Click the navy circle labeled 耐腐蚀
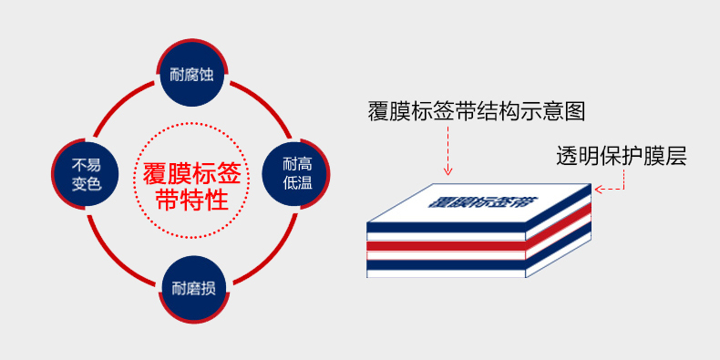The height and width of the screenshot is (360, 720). coord(191,74)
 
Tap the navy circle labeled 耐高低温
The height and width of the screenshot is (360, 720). coord(295,172)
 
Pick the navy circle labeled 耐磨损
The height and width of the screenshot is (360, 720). coord(193,290)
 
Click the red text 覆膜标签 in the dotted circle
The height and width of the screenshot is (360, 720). coord(191,171)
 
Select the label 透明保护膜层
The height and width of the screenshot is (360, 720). coord(621,156)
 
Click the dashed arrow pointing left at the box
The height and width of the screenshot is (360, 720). coord(611,190)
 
